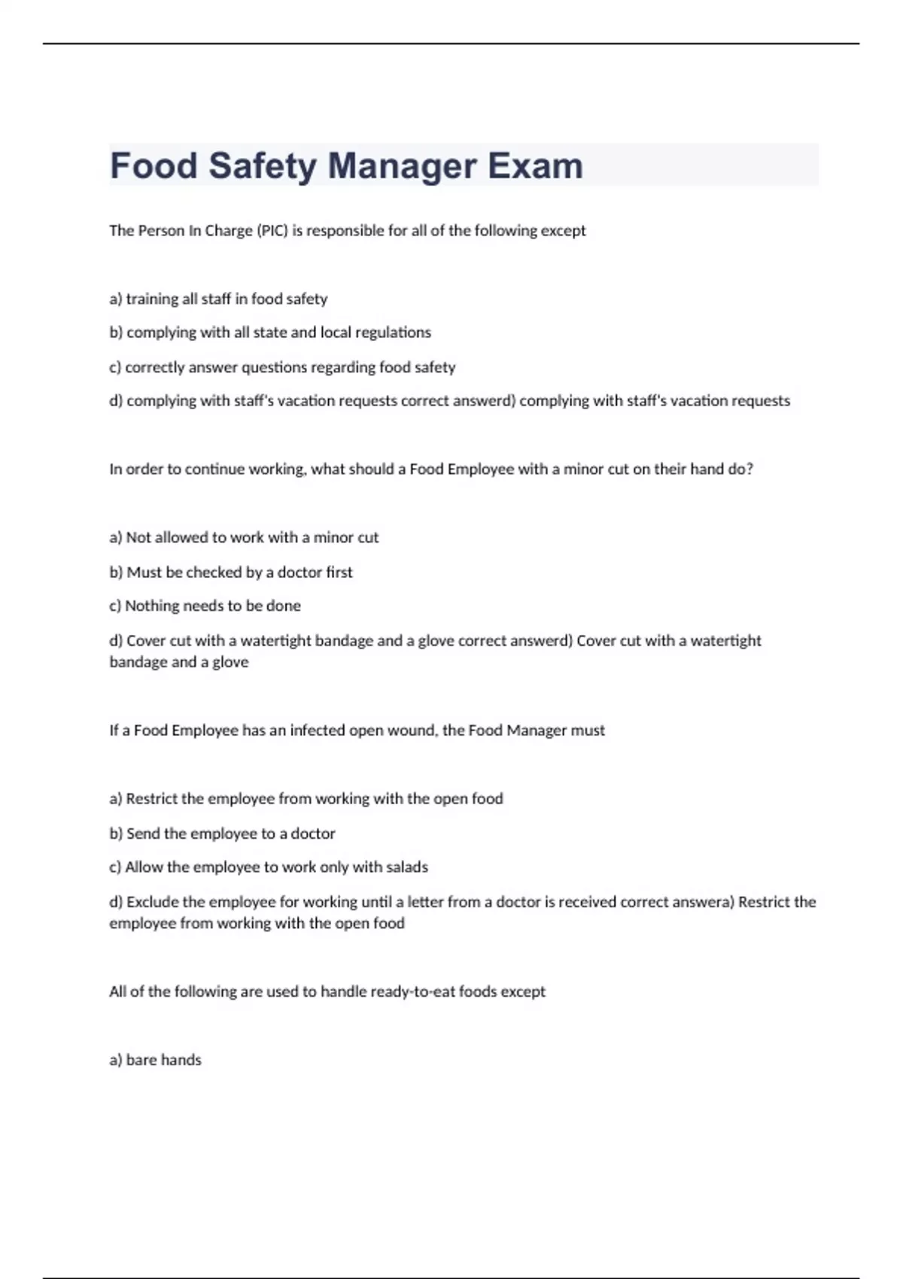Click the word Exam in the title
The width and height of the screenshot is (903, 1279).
point(535,166)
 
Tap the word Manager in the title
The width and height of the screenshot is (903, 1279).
point(402,166)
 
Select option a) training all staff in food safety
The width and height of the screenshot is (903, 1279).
point(218,299)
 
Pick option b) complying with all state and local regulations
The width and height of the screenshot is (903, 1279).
point(270,333)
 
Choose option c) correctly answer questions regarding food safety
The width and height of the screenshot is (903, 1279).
point(282,367)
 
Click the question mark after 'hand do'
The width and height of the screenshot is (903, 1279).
point(749,469)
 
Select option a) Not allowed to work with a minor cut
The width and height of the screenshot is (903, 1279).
point(244,538)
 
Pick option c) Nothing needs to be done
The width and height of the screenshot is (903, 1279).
point(205,606)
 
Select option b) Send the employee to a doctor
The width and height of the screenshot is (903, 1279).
point(222,834)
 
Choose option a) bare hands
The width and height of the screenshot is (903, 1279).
point(155,1060)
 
